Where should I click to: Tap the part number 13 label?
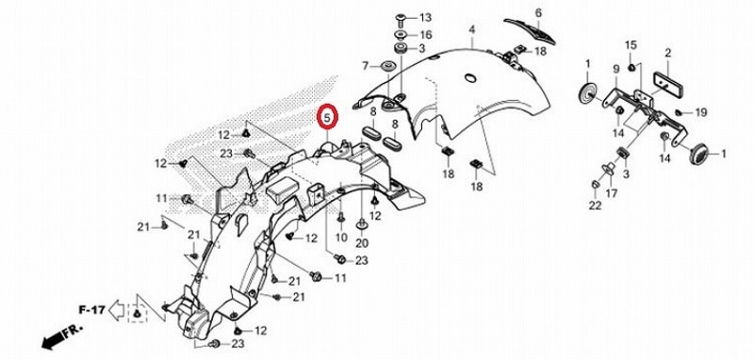click(423, 19)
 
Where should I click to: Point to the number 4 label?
click(472, 29)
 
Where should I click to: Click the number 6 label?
click(539, 12)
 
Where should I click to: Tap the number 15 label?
click(631, 44)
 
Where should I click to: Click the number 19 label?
click(700, 113)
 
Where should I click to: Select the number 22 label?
click(596, 205)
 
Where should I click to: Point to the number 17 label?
click(611, 194)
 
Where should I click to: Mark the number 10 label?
click(340, 238)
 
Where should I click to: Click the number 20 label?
click(362, 243)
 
